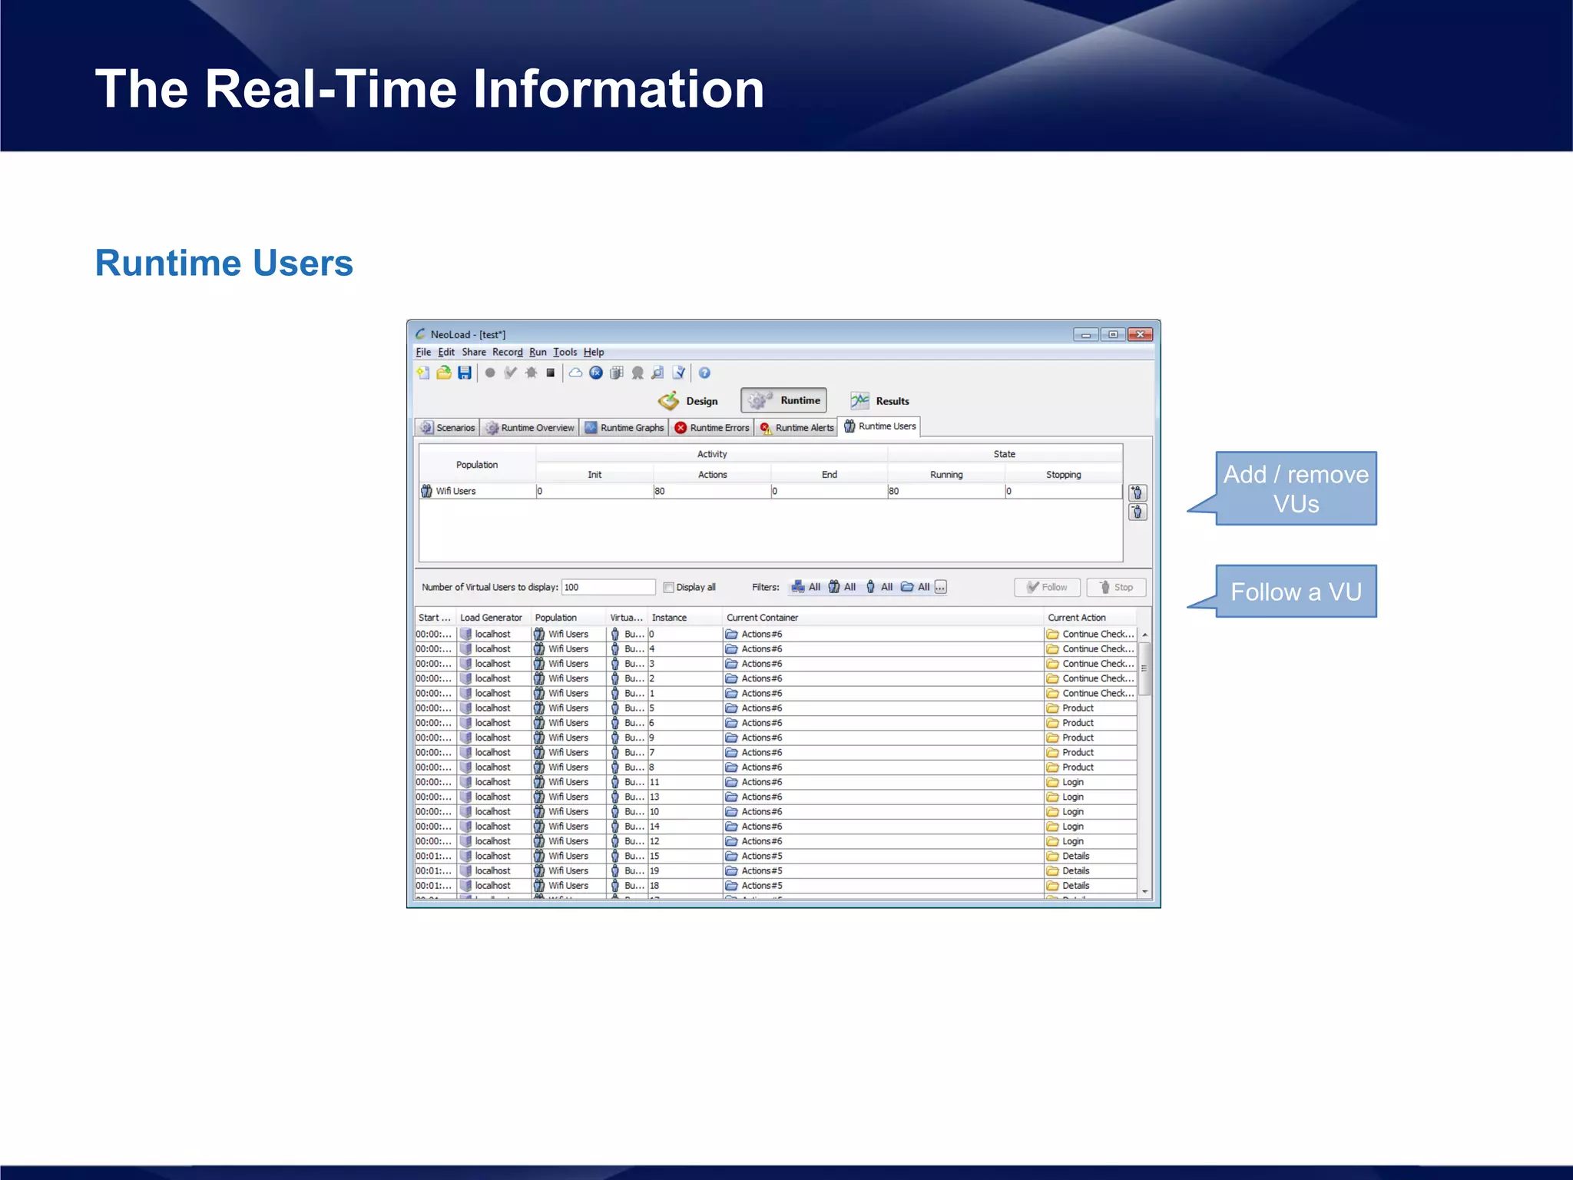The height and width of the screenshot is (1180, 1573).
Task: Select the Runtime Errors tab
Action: (x=711, y=428)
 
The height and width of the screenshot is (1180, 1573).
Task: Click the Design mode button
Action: (x=688, y=401)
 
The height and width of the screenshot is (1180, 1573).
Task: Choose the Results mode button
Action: (x=880, y=401)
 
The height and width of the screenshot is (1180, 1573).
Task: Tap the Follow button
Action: (x=1047, y=587)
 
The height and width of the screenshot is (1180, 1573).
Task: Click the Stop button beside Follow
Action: (x=1116, y=587)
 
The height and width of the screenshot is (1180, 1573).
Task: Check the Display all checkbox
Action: (x=669, y=588)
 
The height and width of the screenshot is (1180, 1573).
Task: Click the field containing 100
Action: (x=608, y=587)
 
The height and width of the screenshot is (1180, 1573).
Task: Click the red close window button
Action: (x=1140, y=334)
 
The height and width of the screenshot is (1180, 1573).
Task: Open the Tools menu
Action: (x=565, y=352)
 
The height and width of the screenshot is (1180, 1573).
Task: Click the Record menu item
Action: (x=507, y=352)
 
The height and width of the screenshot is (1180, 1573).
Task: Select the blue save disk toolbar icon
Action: (x=465, y=373)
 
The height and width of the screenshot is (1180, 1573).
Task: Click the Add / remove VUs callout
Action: (x=1295, y=489)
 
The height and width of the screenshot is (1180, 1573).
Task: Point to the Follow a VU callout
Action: (x=1295, y=592)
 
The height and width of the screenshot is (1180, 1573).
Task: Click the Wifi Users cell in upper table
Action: (x=455, y=491)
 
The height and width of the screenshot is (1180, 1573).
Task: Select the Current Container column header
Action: (x=762, y=618)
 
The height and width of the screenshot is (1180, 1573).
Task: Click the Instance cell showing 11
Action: (x=655, y=782)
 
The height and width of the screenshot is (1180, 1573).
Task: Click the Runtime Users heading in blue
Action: (x=224, y=263)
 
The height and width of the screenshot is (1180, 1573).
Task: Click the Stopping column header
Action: (x=1063, y=475)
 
